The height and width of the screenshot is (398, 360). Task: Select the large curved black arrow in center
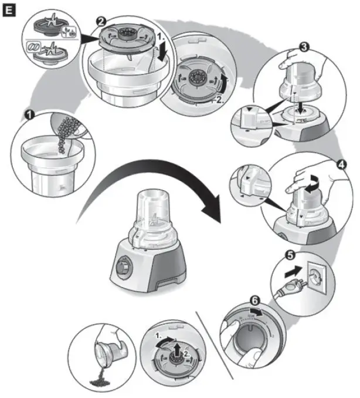pos(147,188)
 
